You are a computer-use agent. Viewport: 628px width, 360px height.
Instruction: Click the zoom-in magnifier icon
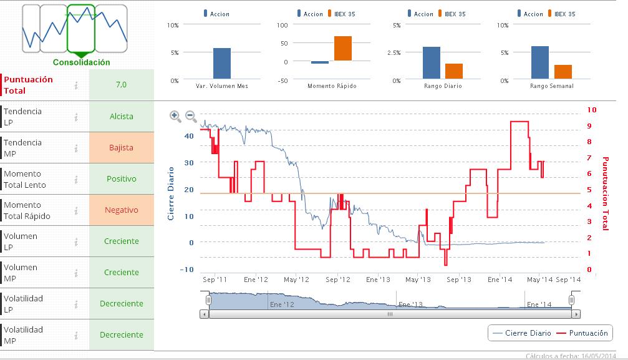click(175, 116)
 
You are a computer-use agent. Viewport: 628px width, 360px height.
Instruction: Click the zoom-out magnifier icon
click(191, 116)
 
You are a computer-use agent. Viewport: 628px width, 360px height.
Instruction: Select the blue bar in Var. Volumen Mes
click(222, 64)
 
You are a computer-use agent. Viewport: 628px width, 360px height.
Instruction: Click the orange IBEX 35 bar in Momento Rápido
click(342, 49)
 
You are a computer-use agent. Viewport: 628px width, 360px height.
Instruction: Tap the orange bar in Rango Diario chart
click(454, 72)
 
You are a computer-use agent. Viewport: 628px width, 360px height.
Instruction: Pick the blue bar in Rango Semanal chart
click(540, 63)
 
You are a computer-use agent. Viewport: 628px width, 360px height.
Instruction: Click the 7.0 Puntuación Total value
click(122, 84)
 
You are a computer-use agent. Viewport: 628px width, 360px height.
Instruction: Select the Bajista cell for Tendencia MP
click(122, 148)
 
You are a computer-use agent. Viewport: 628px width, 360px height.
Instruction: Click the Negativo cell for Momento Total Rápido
click(122, 210)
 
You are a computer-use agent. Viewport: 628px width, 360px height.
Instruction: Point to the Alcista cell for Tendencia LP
click(122, 117)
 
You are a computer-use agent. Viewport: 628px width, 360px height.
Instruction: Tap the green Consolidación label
click(81, 62)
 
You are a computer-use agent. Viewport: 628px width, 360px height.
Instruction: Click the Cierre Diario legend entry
click(522, 333)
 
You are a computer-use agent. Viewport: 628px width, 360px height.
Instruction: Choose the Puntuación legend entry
click(583, 333)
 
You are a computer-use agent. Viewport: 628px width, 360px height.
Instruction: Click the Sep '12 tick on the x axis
click(338, 280)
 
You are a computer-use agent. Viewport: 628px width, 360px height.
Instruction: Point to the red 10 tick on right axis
click(592, 110)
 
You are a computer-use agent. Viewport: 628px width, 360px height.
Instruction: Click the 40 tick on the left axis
click(189, 135)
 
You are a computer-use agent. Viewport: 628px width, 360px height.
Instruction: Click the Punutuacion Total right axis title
click(604, 193)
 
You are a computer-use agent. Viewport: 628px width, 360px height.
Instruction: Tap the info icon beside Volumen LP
click(76, 241)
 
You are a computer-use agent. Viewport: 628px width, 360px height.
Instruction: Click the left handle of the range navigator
click(209, 300)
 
